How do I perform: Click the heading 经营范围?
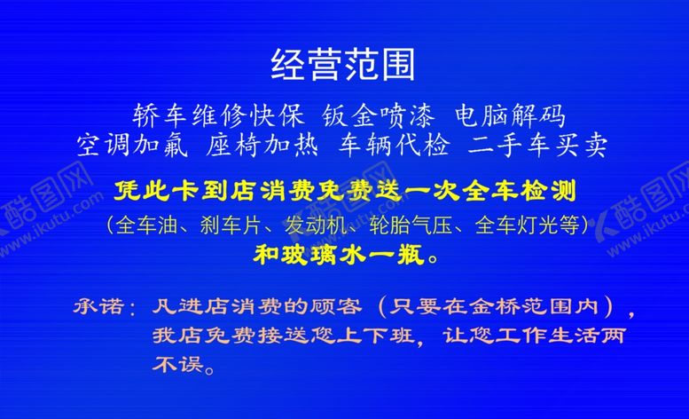pos(343,65)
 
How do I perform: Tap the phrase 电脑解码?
pos(509,116)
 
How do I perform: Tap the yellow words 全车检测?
pos(524,190)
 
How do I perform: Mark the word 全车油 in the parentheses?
pos(139,225)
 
